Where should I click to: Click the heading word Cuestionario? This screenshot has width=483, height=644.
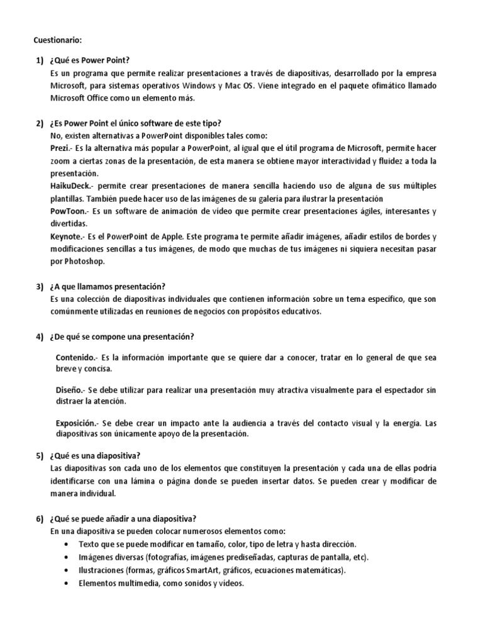(57, 40)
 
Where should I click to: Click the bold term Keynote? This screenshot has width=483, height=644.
(65, 236)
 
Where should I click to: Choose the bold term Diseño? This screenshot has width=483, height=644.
(69, 390)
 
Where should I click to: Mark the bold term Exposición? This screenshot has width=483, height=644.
(76, 423)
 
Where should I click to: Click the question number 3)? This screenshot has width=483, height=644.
(38, 287)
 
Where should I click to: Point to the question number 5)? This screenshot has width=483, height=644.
(38, 456)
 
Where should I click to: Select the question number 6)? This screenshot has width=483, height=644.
(38, 519)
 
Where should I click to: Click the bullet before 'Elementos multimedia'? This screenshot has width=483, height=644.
(67, 583)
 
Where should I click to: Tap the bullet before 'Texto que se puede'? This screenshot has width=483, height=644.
(67, 543)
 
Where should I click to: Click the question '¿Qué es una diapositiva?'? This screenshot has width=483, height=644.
(97, 456)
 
